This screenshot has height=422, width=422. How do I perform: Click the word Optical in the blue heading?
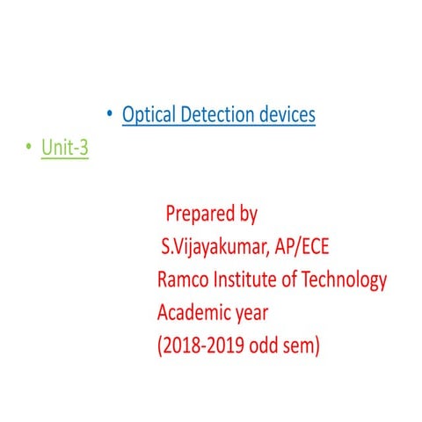pyautogui.click(x=149, y=114)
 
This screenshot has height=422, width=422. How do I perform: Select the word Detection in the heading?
pyautogui.click(x=217, y=114)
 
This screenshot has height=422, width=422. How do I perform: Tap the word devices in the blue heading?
pyautogui.click(x=287, y=114)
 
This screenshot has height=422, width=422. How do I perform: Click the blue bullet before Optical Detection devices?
pyautogui.click(x=109, y=114)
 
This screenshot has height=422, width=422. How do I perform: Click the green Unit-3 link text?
pyautogui.click(x=64, y=149)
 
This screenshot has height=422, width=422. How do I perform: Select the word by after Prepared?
pyautogui.click(x=247, y=215)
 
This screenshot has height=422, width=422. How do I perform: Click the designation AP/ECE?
pyautogui.click(x=301, y=247)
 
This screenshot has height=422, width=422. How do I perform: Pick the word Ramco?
pyautogui.click(x=182, y=280)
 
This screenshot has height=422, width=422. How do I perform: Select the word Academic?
pyautogui.click(x=198, y=313)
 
